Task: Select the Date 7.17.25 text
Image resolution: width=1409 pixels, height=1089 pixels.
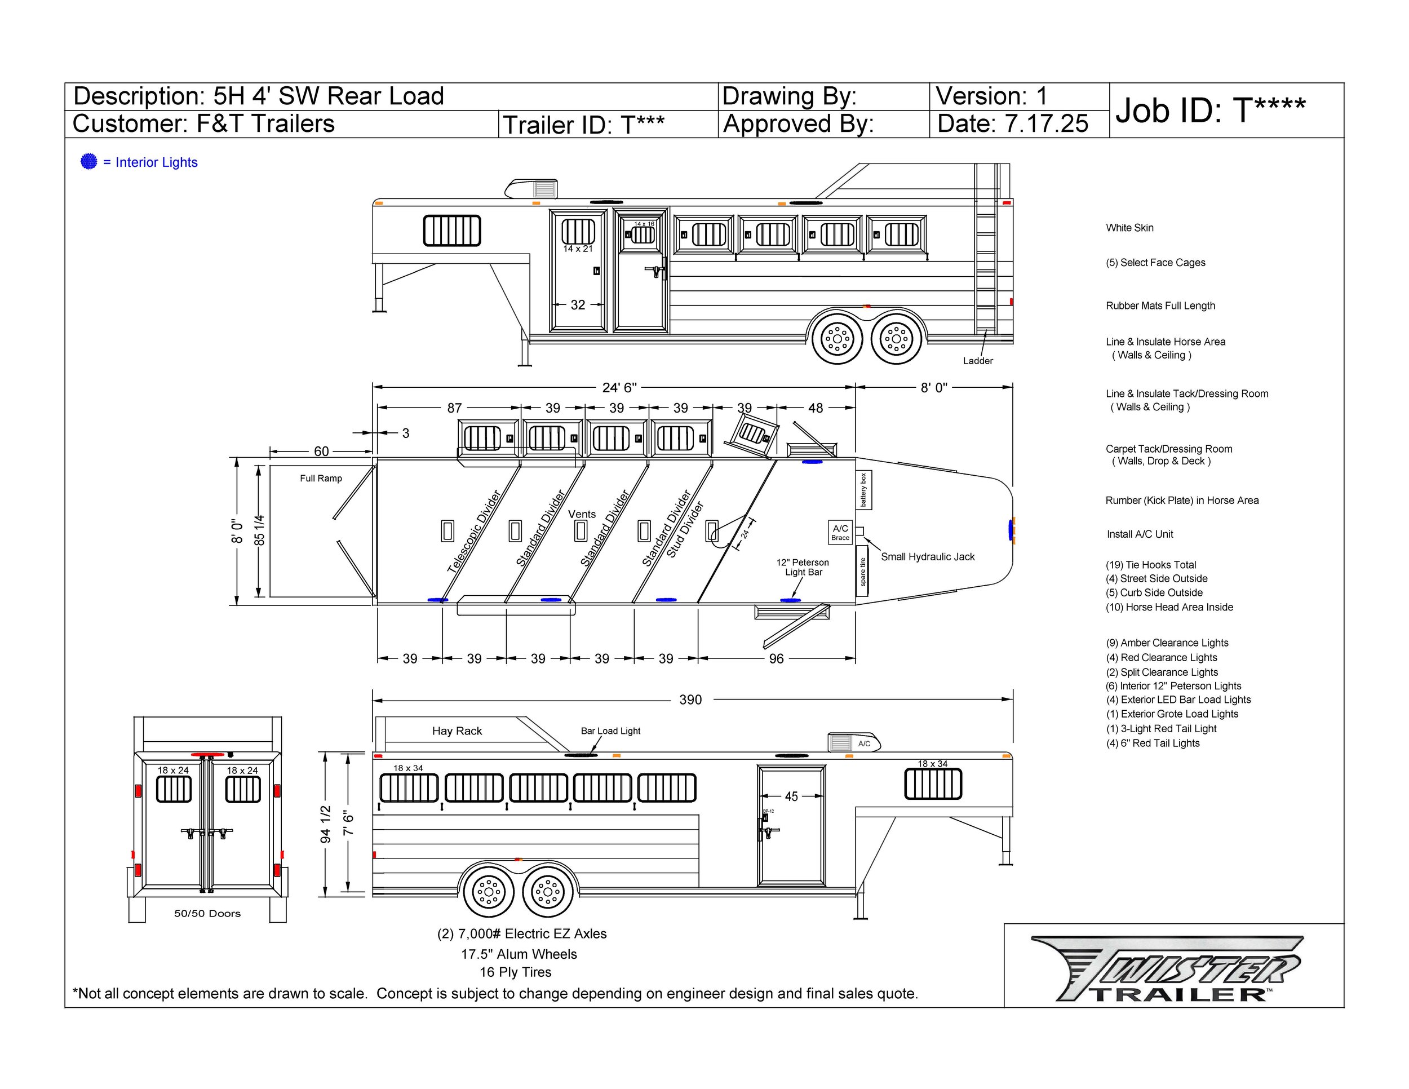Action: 1012,124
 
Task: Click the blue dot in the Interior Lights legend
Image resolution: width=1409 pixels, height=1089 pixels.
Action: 88,162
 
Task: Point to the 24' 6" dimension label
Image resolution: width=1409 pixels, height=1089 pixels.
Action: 619,387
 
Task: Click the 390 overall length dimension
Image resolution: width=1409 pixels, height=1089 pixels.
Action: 690,700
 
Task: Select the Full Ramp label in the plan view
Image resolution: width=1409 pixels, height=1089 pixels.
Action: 321,478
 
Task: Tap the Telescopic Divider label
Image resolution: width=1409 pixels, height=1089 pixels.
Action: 474,532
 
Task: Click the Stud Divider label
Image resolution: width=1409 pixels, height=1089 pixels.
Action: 685,530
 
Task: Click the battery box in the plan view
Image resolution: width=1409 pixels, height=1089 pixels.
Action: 864,490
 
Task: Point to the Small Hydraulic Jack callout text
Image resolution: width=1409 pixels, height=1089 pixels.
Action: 928,557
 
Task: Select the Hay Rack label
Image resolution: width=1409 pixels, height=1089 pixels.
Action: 457,731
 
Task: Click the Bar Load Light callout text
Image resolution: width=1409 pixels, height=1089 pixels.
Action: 610,731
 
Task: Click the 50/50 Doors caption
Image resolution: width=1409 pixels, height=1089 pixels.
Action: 207,914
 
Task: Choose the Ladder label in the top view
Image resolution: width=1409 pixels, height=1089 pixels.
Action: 978,361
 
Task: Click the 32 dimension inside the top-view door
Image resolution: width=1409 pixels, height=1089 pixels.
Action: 578,305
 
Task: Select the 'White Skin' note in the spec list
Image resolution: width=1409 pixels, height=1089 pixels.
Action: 1129,228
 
